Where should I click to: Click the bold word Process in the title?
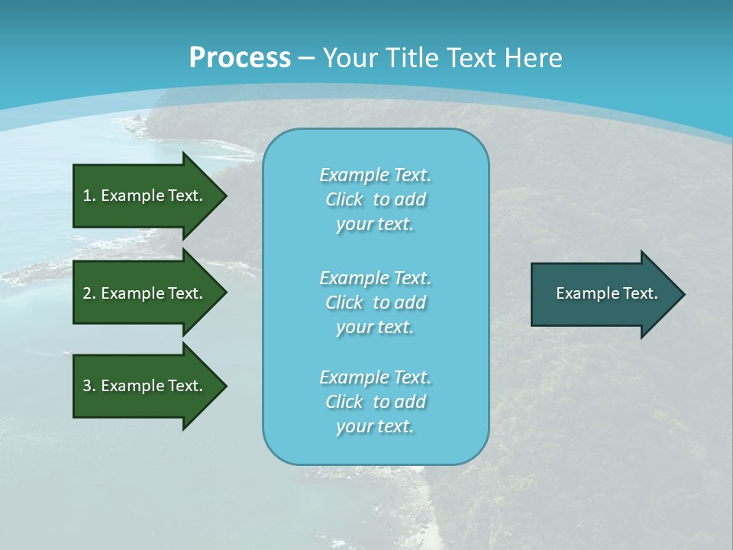[x=240, y=58]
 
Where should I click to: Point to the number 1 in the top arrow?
[x=87, y=196]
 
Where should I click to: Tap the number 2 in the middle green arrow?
[x=87, y=293]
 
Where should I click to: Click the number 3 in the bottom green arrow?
[x=87, y=386]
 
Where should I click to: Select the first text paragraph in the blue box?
[x=375, y=199]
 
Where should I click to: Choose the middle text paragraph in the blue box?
[x=375, y=302]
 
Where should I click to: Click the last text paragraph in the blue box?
[x=375, y=402]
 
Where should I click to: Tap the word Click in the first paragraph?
[x=344, y=199]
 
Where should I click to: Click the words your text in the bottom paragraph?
[x=375, y=427]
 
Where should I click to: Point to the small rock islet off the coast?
[x=137, y=118]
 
